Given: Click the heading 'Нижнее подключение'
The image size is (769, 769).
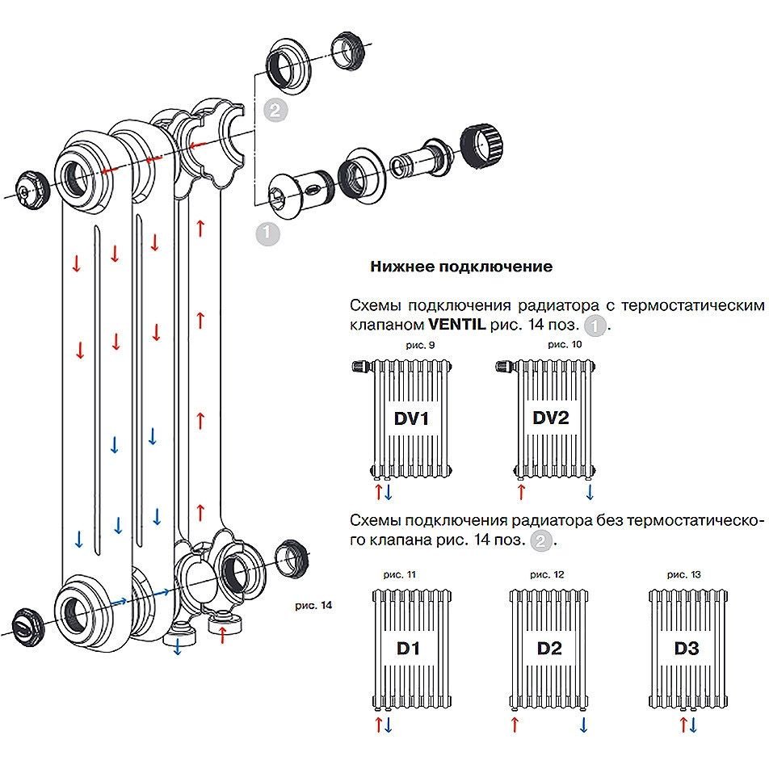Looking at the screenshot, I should pyautogui.click(x=461, y=267).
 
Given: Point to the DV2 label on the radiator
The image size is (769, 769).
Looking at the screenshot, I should pyautogui.click(x=552, y=418).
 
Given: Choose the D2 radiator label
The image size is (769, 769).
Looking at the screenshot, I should pyautogui.click(x=549, y=648).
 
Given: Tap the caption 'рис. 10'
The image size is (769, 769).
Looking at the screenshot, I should pyautogui.click(x=559, y=345).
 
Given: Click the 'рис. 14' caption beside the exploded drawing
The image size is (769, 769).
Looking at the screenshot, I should pyautogui.click(x=314, y=604).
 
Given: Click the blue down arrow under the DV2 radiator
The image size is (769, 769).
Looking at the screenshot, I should pyautogui.click(x=590, y=491).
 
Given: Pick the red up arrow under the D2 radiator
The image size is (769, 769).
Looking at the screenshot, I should pyautogui.click(x=514, y=725).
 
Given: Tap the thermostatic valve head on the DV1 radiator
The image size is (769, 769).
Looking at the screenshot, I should pyautogui.click(x=360, y=368).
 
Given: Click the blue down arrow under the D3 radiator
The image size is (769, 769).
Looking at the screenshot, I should pyautogui.click(x=692, y=725).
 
